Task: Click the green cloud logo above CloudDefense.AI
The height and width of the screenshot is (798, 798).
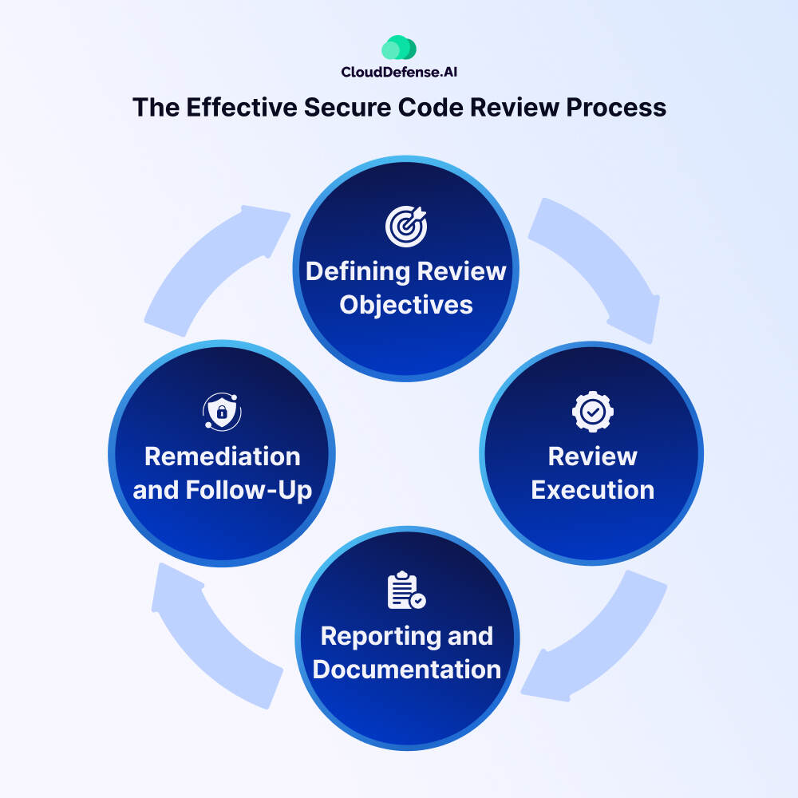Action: [x=399, y=48]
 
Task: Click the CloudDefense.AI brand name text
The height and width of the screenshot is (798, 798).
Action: [x=399, y=72]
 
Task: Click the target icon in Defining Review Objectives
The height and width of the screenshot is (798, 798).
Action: [x=406, y=226]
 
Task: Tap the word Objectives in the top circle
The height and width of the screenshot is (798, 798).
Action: [x=406, y=304]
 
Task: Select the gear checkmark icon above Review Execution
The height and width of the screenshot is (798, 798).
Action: [x=593, y=412]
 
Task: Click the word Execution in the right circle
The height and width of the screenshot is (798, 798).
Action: [x=593, y=489]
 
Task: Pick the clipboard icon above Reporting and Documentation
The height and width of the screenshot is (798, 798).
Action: [x=406, y=591]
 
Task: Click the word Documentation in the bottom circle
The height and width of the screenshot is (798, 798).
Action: [x=406, y=669]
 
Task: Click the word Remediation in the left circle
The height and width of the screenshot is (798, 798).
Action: [x=222, y=456]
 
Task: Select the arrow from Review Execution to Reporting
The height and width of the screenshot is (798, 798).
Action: [x=606, y=638]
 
